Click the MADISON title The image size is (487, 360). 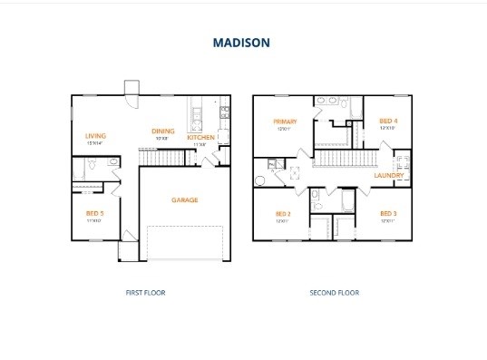241,42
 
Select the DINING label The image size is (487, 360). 163,131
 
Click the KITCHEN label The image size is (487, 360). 200,137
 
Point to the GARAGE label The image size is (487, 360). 184,199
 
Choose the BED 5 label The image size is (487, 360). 94,212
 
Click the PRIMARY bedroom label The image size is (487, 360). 285,121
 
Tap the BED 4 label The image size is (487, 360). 387,121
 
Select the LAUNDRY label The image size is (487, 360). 389,174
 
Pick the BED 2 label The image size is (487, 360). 282,214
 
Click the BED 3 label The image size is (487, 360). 388,213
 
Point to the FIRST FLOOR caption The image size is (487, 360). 145,293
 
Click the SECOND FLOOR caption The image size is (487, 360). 334,293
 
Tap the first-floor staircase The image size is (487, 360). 160,159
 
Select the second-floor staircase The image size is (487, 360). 344,160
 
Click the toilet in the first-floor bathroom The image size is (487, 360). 111,163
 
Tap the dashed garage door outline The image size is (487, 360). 184,243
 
